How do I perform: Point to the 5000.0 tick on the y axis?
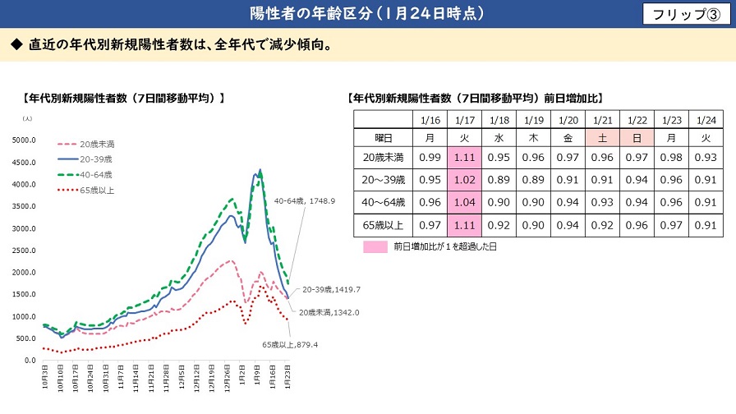pos(24,140)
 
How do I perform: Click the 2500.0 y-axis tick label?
pos(24,251)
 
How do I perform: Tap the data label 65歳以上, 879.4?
pos(289,343)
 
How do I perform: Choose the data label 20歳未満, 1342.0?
pos(329,312)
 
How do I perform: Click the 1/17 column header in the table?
pos(463,118)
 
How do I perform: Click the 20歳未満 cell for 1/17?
pos(463,157)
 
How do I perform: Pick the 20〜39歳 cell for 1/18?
pos(498,179)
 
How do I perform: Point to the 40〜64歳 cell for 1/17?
pos(463,201)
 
